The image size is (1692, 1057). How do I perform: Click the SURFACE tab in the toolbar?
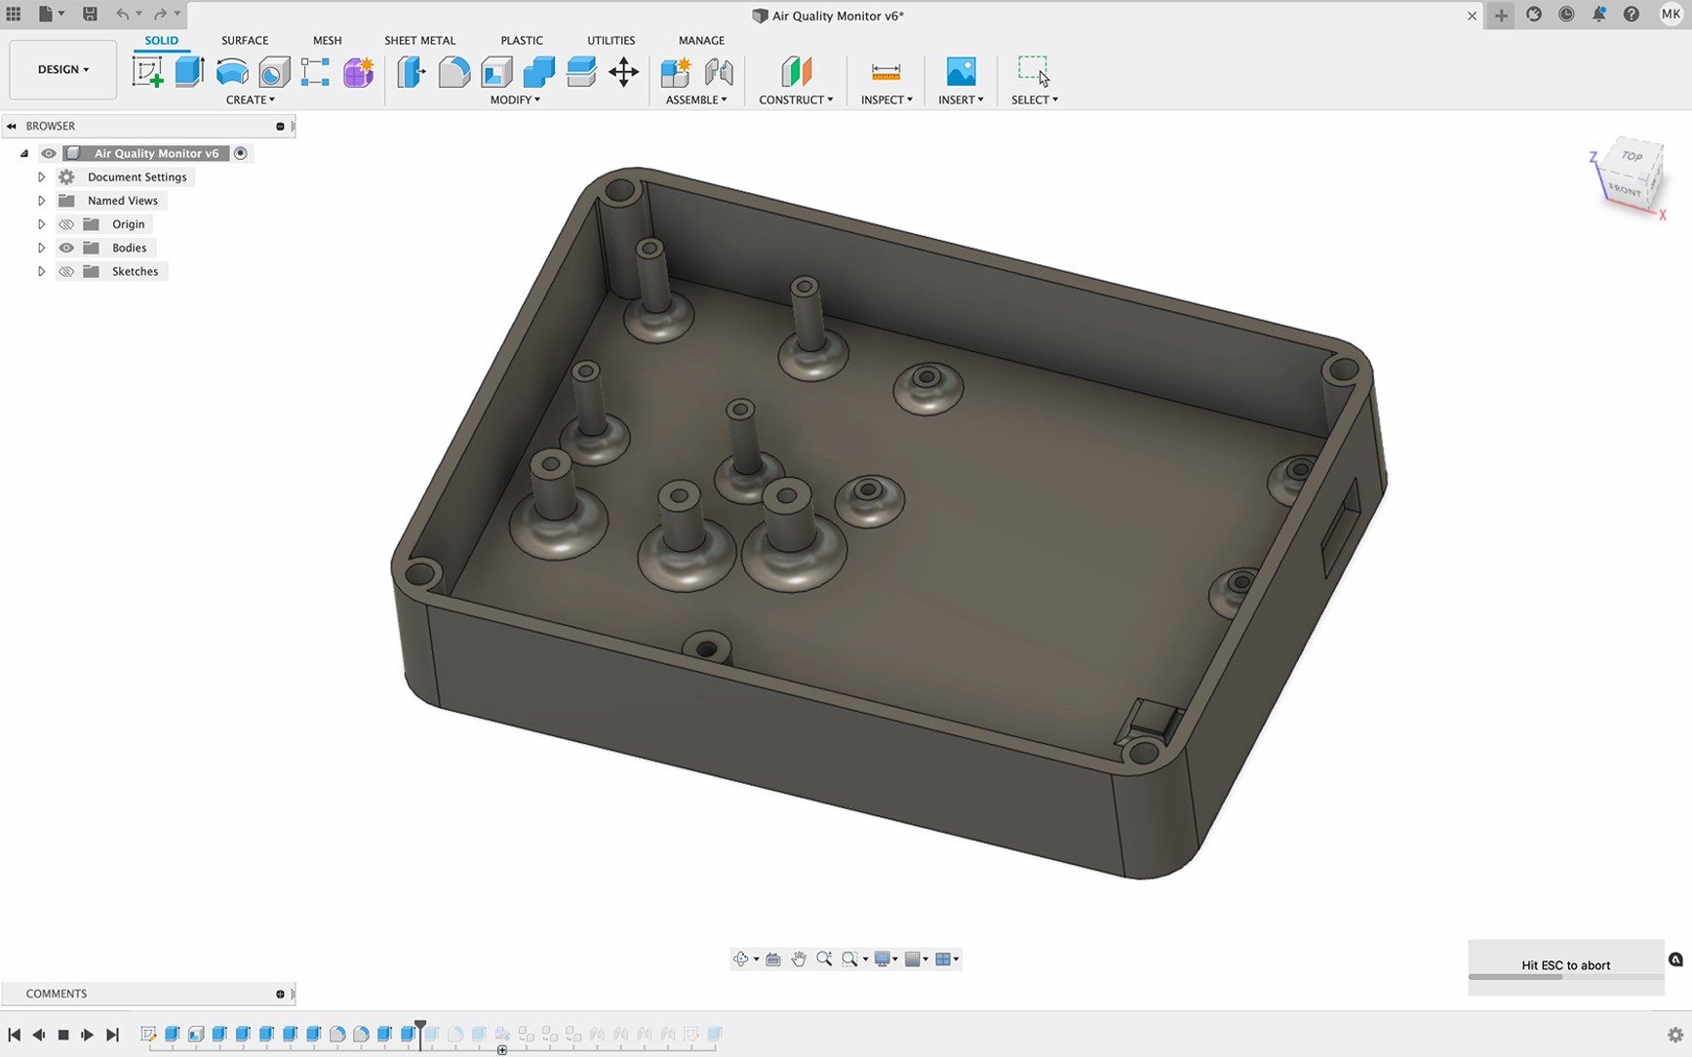pyautogui.click(x=244, y=40)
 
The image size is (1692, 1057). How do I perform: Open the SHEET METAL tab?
pyautogui.click(x=419, y=40)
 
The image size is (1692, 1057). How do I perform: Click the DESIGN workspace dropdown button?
pyautogui.click(x=63, y=69)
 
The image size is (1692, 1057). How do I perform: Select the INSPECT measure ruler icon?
pyautogui.click(x=885, y=72)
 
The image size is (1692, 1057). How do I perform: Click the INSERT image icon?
pyautogui.click(x=961, y=72)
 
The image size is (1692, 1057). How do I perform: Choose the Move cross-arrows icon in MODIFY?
pyautogui.click(x=623, y=72)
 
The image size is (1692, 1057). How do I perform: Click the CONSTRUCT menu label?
pyautogui.click(x=795, y=99)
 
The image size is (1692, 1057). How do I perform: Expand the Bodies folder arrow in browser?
pyautogui.click(x=41, y=248)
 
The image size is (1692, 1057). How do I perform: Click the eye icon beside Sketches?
pyautogui.click(x=66, y=271)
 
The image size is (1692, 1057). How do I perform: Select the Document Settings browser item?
pyautogui.click(x=137, y=176)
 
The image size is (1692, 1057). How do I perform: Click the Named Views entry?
pyautogui.click(x=122, y=201)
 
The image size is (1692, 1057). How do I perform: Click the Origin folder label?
pyautogui.click(x=128, y=224)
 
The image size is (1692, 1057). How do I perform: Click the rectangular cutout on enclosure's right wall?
pyautogui.click(x=1340, y=527)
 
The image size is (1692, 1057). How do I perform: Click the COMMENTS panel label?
pyautogui.click(x=57, y=994)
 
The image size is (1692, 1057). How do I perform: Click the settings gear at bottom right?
pyautogui.click(x=1674, y=1035)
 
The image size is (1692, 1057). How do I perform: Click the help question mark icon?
pyautogui.click(x=1631, y=15)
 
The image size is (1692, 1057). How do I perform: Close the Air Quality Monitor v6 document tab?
pyautogui.click(x=1472, y=16)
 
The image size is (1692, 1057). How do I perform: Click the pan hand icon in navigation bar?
pyautogui.click(x=799, y=959)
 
